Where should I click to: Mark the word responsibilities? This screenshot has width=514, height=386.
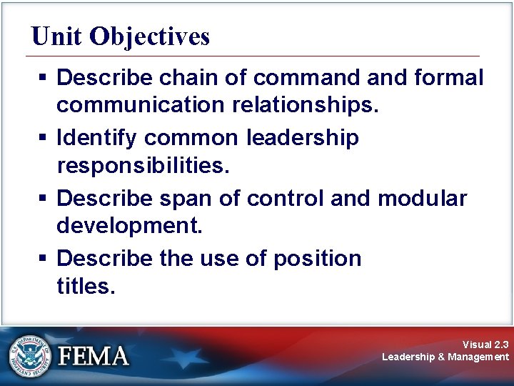[142, 166]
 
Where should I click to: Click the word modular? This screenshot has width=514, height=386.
[423, 197]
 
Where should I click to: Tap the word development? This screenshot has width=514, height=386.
[130, 227]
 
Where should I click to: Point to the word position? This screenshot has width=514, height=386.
[317, 257]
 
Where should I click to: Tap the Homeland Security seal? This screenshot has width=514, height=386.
[30, 355]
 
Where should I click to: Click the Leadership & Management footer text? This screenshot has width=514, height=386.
[445, 357]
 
